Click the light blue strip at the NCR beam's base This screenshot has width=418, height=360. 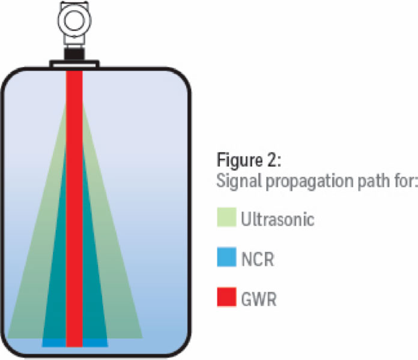(x=51, y=343)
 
